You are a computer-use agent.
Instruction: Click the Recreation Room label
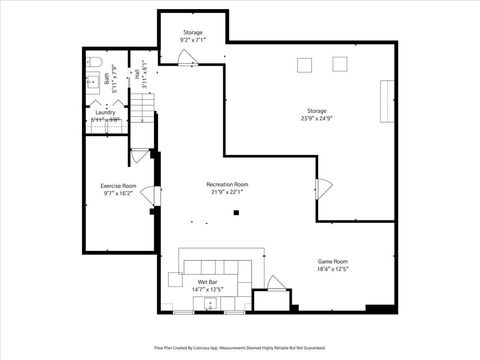tap(227, 185)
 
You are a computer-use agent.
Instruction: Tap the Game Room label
tap(333, 261)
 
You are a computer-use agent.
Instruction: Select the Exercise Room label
tap(118, 186)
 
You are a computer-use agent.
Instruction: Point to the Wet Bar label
tap(207, 283)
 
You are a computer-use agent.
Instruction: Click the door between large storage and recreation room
tap(323, 188)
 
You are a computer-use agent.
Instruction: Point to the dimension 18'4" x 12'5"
tap(333, 268)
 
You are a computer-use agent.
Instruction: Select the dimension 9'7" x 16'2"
tap(118, 194)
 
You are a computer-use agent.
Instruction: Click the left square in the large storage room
tap(304, 65)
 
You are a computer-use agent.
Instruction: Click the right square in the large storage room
tap(339, 65)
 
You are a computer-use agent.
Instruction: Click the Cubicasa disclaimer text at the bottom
tap(240, 347)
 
